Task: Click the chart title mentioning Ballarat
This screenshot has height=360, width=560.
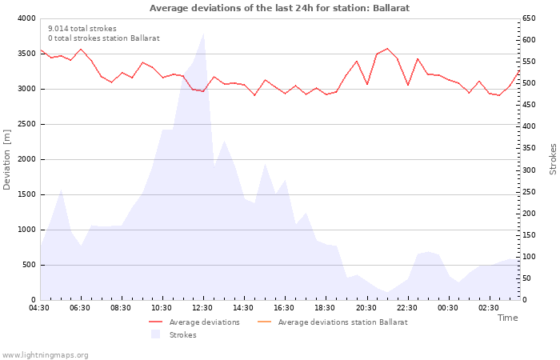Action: tap(279, 8)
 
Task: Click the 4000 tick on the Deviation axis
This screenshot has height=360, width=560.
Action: tap(26, 18)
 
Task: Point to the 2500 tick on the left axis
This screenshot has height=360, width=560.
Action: tap(26, 124)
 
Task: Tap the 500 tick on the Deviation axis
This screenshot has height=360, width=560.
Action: tap(28, 265)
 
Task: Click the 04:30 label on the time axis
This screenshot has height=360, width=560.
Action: tap(39, 308)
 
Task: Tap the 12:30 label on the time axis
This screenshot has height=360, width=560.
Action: tap(202, 308)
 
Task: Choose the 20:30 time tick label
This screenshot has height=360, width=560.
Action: tap(366, 308)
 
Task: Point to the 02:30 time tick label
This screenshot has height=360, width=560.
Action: tap(488, 308)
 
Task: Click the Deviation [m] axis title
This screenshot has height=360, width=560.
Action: tap(8, 159)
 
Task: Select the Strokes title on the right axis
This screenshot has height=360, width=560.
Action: tap(553, 159)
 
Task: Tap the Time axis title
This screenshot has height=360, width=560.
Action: tap(507, 318)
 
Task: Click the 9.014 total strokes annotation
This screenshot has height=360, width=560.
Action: tap(82, 28)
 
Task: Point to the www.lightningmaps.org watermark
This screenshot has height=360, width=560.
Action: tap(46, 355)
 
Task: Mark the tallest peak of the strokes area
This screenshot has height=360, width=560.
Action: tap(204, 33)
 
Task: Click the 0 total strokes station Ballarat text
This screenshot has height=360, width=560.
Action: tap(103, 38)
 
